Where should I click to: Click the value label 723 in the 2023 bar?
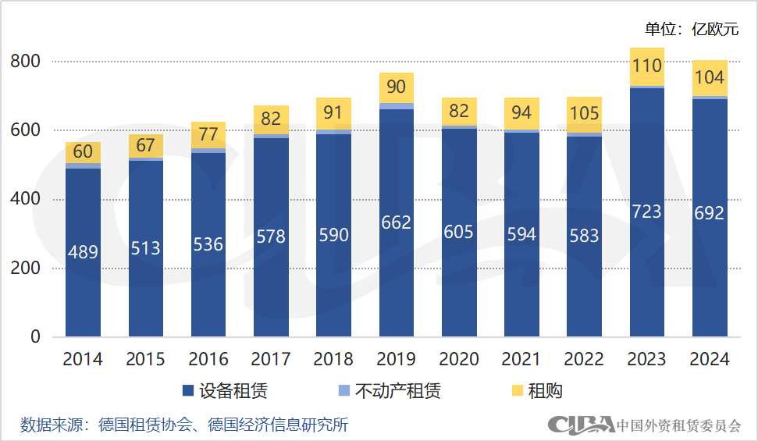pos(646,212)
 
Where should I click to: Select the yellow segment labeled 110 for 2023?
pos(646,66)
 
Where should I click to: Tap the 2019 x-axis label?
pos(396,359)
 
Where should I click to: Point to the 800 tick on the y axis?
pos(25,62)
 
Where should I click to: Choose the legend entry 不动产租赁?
pos(389,391)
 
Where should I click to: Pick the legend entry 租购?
pos(536,391)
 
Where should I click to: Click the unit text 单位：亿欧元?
pos(691,29)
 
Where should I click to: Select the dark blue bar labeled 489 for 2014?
pos(83,252)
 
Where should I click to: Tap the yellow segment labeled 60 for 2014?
pos(83,152)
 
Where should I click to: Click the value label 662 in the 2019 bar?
pos(396,223)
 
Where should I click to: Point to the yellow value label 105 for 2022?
pos(584,114)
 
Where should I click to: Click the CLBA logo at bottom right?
pos(581,425)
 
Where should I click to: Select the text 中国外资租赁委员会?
pos(679,425)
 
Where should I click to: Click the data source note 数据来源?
pos(184,425)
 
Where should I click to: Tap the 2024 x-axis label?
pos(710,359)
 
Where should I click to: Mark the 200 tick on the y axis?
pos(25,269)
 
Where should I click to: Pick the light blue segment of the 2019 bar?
pos(396,106)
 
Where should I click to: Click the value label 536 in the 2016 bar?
pos(208,244)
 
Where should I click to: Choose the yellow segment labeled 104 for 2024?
pos(710,77)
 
